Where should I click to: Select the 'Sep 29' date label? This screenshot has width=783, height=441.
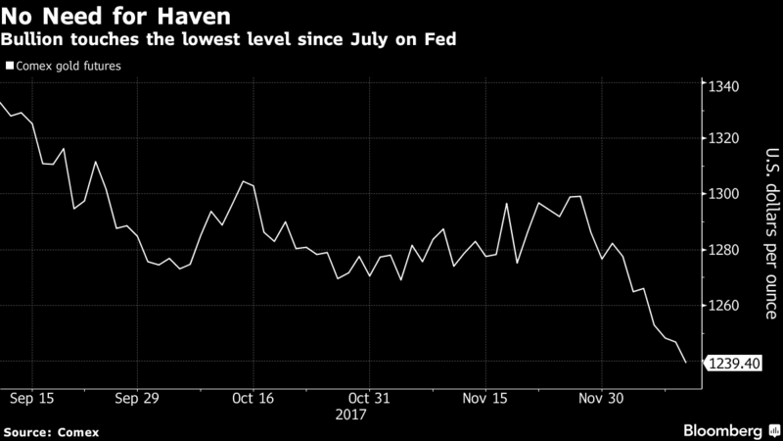[138, 400]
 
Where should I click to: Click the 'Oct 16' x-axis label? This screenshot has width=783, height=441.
[253, 400]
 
